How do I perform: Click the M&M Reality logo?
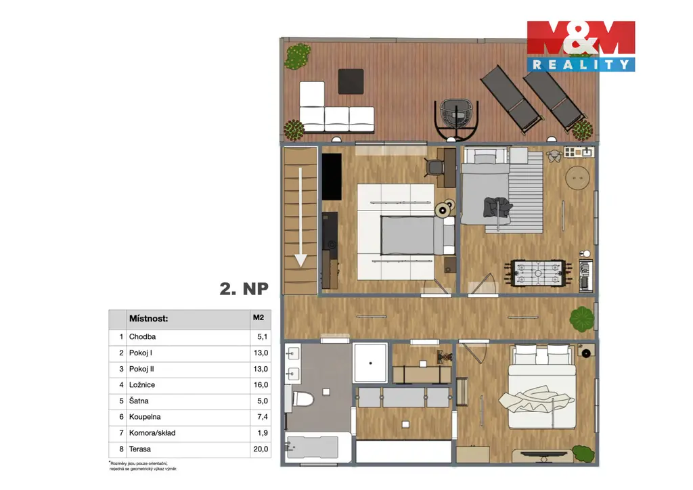click(x=581, y=46)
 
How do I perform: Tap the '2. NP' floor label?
click(x=244, y=289)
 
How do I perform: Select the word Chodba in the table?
click(x=142, y=336)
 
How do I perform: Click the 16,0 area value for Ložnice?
click(x=261, y=385)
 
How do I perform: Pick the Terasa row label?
click(x=139, y=449)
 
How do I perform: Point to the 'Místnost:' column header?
click(x=148, y=319)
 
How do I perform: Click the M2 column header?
click(x=259, y=317)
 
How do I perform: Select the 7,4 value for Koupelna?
click(x=263, y=417)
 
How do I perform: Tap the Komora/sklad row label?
click(x=152, y=433)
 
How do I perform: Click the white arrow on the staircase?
click(x=300, y=217)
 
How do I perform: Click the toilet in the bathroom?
click(x=300, y=399)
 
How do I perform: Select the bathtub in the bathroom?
click(x=312, y=447)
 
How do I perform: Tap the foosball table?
click(x=538, y=273)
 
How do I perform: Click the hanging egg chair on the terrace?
click(x=457, y=119)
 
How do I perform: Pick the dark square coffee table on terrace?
click(x=351, y=81)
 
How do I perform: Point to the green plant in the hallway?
click(x=581, y=319)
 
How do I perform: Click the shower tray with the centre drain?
click(x=370, y=363)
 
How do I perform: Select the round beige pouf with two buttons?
click(x=578, y=177)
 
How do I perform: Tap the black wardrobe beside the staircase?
click(x=332, y=177)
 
